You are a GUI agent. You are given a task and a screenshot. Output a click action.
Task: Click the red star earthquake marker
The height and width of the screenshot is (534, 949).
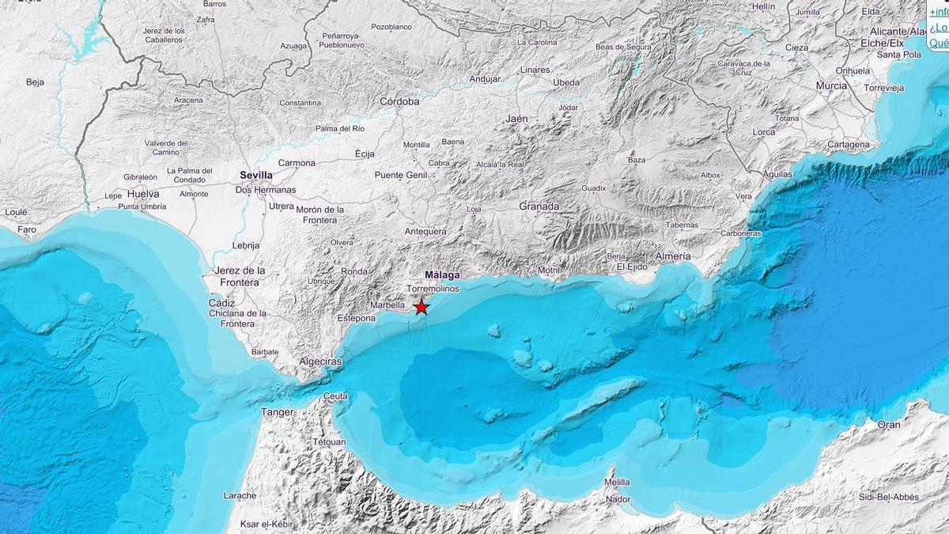422,307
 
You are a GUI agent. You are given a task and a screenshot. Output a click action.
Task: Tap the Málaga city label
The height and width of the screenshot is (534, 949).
442,275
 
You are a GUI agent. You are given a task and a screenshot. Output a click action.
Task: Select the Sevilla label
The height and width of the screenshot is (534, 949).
255,176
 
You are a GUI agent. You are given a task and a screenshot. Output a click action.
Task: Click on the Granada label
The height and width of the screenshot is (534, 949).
539,206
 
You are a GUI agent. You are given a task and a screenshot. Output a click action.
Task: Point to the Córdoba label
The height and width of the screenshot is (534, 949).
399,101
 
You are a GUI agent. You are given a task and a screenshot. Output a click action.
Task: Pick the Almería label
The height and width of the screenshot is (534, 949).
672,256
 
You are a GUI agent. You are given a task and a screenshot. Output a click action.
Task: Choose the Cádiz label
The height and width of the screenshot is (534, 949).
221,303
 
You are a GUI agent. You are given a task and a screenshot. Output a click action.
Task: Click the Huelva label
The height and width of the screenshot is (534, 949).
143,194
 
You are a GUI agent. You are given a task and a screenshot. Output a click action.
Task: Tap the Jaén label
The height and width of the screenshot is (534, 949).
516,119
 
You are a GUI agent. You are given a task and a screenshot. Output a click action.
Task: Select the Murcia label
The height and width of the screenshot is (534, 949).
831,85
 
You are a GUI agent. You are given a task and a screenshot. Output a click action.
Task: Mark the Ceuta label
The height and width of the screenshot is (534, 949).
336,396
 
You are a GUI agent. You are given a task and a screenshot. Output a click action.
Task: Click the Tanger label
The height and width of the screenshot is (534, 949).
277,412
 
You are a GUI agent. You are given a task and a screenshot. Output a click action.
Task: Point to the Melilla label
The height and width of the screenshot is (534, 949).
617,482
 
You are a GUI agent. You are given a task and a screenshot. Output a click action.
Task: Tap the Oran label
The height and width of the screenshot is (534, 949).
888,425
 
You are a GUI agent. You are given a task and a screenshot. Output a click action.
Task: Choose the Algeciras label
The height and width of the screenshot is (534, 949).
320,362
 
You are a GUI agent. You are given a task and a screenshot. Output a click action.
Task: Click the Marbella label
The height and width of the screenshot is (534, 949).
388,305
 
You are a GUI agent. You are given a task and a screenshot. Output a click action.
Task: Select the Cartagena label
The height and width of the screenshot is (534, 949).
848,145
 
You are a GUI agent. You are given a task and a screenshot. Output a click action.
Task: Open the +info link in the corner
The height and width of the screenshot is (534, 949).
938,11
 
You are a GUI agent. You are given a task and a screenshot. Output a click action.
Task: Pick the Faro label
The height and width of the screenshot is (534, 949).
27,230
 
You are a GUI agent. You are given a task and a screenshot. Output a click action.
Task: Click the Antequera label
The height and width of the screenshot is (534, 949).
425,232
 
